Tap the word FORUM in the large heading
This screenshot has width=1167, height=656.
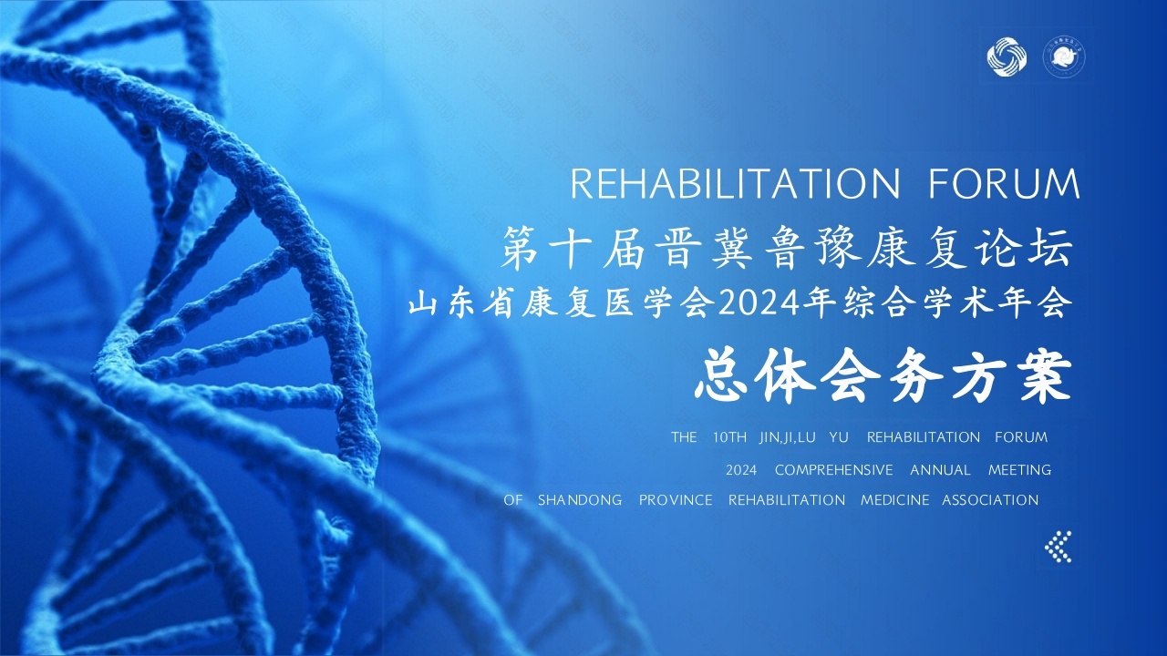coord(1005,184)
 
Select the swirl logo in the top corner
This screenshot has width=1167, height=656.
coord(1007,56)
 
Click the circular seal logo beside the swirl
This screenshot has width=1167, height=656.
coord(1064,57)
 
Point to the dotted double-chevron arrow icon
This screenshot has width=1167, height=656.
coord(1059,547)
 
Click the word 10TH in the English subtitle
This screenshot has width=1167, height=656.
coord(729,437)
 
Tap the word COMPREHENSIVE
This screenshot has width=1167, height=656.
coord(833,470)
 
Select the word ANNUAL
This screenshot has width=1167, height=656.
coord(940,470)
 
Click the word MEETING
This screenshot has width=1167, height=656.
coord(1019,470)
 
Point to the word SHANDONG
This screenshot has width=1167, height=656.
coord(580,500)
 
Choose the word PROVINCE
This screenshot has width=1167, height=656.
coord(676,500)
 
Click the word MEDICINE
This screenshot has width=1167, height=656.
coord(894,500)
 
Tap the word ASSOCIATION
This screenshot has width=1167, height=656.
coord(990,500)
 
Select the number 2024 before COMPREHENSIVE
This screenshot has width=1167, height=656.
coord(741,470)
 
